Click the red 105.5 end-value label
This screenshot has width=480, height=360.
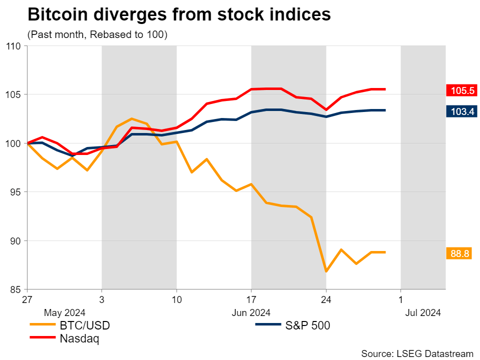(462, 90)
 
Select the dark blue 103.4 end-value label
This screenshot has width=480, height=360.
(462, 111)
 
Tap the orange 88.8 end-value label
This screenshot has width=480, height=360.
(459, 253)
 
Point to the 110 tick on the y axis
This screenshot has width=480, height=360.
(13, 46)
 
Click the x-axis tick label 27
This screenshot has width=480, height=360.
(27, 300)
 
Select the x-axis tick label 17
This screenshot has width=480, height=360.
(251, 300)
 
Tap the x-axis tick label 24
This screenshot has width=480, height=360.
(326, 300)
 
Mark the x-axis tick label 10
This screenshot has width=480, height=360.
(176, 300)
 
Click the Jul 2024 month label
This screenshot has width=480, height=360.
(423, 313)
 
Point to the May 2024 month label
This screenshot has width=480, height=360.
(65, 313)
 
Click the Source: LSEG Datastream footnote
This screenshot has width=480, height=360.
(417, 353)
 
